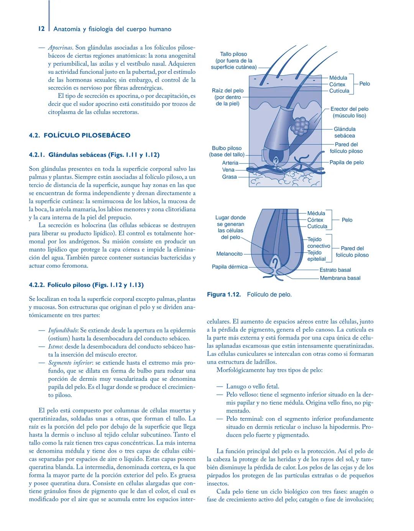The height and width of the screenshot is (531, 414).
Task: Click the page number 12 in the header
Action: pos(41,29)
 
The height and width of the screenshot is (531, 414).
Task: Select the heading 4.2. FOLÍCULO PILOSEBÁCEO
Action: pos(79,135)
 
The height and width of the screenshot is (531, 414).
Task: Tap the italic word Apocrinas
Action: pos(60,48)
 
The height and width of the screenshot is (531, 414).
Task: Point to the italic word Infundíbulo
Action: pos(63,330)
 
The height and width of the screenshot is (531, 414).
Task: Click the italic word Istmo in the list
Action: pos(56,346)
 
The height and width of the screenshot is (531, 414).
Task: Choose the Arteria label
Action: pos(230,163)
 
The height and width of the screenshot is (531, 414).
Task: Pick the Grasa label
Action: pos(229,177)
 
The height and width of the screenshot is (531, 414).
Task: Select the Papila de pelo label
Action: pos(347,162)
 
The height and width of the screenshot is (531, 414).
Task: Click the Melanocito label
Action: pos(229,254)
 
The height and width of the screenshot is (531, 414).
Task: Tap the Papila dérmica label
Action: pos(230,266)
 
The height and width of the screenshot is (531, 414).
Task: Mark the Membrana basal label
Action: pos(340,278)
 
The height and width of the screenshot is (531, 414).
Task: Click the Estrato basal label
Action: pos(335,270)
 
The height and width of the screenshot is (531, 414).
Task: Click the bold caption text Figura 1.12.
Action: pos(224,294)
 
